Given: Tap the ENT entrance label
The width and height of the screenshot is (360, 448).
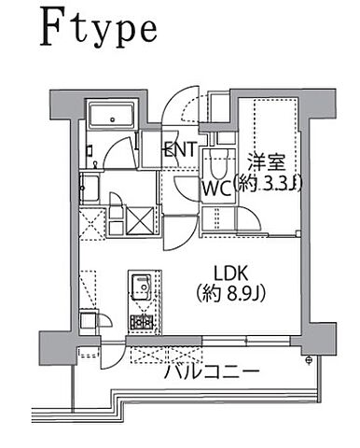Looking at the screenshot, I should coord(179,149).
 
